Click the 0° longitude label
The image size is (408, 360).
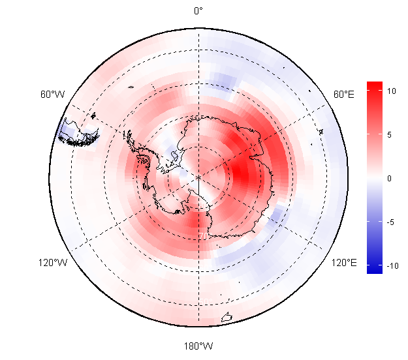198,10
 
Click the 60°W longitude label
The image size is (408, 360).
52,95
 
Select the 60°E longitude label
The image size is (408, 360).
344,95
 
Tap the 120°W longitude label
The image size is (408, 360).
52,263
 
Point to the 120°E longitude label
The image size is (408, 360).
344,263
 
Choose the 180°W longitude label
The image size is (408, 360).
198,345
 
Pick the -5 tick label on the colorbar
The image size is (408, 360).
390,222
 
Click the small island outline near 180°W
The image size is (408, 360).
227,318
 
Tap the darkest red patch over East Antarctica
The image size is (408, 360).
242,173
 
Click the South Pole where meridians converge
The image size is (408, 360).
198,177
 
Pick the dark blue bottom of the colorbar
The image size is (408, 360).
374,269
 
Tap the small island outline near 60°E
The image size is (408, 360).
321,132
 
